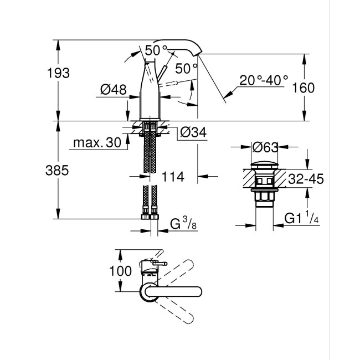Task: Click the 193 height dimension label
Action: [59, 73]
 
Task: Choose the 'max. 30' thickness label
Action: [96, 143]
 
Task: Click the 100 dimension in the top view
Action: [121, 271]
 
